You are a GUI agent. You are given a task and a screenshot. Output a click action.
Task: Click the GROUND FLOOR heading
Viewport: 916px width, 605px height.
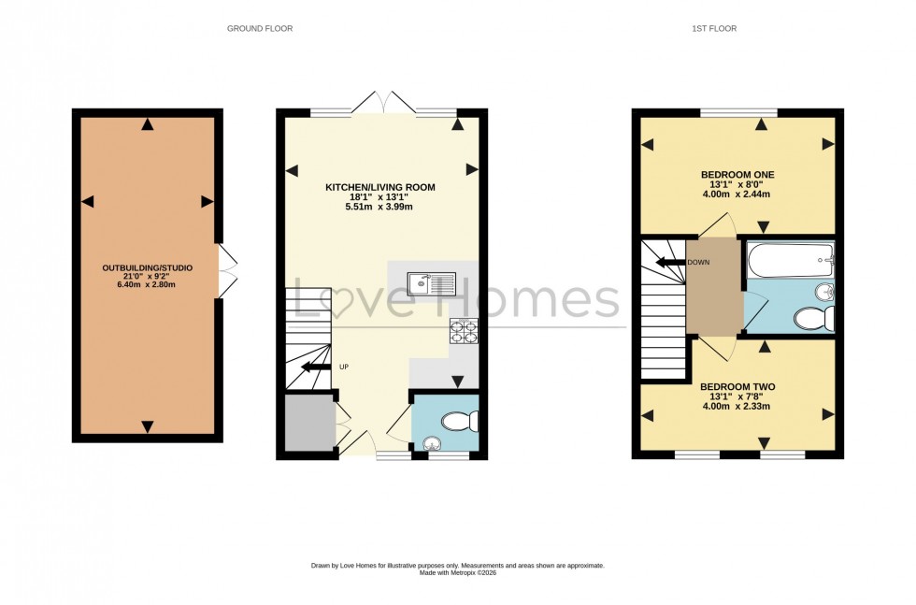click(x=260, y=29)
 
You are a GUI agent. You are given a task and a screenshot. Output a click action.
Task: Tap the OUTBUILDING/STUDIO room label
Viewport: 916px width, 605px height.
click(x=147, y=268)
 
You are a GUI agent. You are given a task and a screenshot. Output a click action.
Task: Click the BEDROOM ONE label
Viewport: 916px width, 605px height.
click(x=737, y=175)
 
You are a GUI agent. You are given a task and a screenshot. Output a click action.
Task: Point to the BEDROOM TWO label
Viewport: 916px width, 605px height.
click(x=737, y=386)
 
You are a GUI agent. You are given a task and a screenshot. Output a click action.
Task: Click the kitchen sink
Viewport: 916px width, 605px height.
click(x=432, y=281)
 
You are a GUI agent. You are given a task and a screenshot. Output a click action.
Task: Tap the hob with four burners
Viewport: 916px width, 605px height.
click(x=463, y=331)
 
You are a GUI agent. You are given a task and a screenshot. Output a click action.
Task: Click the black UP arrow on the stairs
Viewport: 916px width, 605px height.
click(x=316, y=367)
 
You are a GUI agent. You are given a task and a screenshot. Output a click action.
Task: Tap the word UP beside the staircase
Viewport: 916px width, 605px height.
click(x=343, y=367)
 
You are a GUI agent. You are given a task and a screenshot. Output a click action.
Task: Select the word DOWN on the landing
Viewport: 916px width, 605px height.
click(x=698, y=263)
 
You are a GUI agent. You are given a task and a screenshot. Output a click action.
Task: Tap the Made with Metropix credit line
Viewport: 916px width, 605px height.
click(x=457, y=573)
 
